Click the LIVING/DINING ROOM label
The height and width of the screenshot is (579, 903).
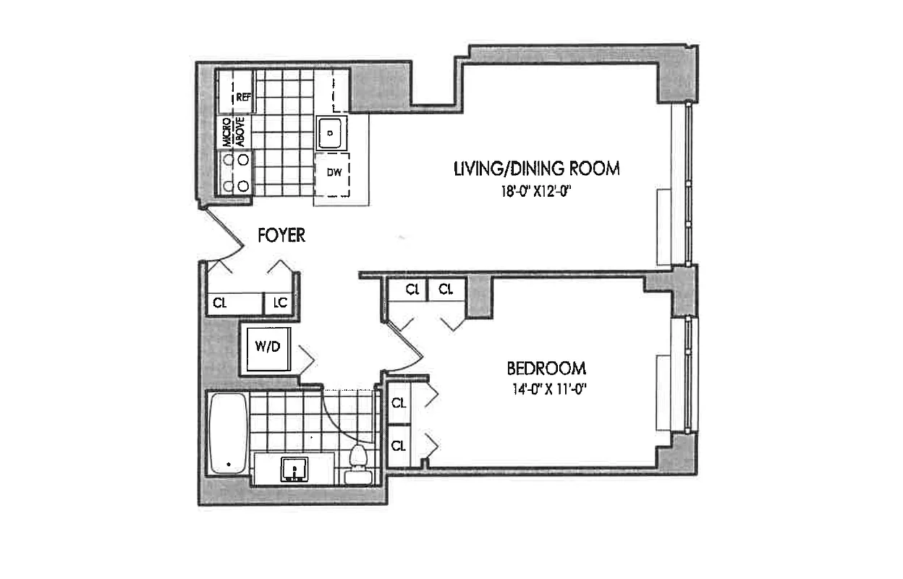tap(536, 169)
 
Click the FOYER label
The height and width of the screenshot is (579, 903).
tap(281, 235)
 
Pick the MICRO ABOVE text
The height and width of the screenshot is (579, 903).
tap(233, 132)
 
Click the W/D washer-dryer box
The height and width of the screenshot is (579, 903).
tap(266, 347)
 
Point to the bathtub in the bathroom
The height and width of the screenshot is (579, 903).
tap(227, 433)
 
